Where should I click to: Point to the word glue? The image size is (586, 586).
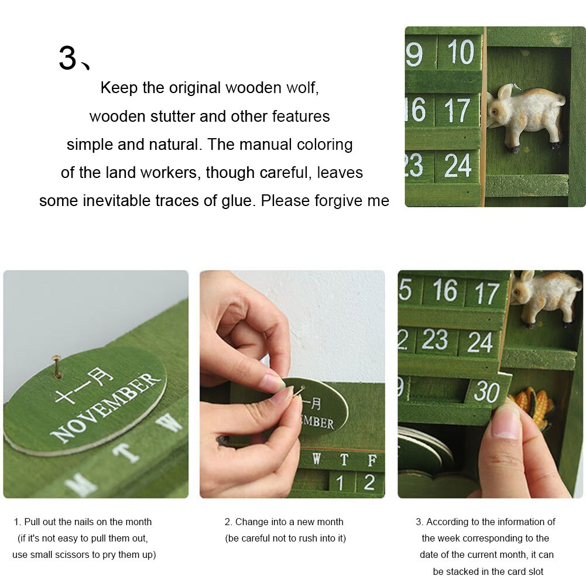click(x=237, y=201)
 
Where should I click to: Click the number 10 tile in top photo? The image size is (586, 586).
click(x=460, y=53)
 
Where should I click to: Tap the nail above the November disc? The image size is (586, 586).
click(x=57, y=365)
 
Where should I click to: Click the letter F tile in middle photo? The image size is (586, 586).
click(x=372, y=460)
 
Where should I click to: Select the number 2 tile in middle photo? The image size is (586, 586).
click(x=369, y=482)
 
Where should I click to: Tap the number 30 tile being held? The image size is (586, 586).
click(x=486, y=392)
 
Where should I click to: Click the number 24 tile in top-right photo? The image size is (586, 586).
click(x=457, y=166)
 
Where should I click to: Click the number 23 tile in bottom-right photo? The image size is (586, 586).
click(x=434, y=340)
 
